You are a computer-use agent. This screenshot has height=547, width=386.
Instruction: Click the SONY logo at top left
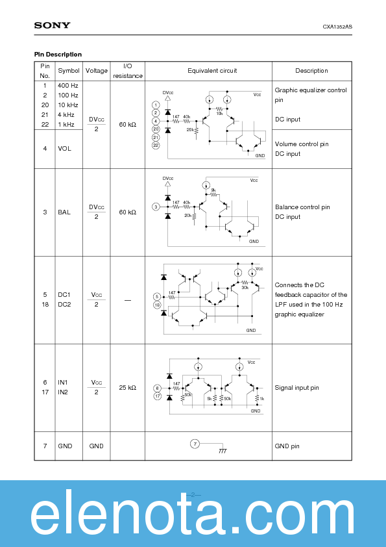(x=53, y=25)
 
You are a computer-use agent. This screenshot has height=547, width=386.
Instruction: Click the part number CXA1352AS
(x=337, y=27)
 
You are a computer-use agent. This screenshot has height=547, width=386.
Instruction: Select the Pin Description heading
(x=58, y=55)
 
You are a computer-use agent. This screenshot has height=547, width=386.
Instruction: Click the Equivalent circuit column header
(x=212, y=71)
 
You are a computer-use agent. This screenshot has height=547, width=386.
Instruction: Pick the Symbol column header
(x=69, y=71)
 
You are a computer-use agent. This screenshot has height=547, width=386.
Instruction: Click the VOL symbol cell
(x=65, y=149)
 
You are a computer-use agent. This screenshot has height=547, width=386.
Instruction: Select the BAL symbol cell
(x=65, y=212)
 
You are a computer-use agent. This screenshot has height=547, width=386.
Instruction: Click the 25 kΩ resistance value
(x=128, y=387)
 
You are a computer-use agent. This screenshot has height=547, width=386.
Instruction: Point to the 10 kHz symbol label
(x=68, y=105)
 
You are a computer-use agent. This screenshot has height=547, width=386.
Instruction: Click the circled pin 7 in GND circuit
(x=194, y=444)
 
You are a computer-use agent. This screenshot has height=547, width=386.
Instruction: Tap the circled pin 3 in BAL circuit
(x=156, y=207)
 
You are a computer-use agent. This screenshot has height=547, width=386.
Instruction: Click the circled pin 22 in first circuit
(x=156, y=146)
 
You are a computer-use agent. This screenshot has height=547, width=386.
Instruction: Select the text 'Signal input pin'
(x=297, y=388)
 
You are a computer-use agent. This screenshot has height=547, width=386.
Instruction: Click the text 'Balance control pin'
(x=302, y=207)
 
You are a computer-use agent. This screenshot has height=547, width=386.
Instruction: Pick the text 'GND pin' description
(x=287, y=446)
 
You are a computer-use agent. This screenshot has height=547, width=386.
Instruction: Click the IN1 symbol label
(x=63, y=383)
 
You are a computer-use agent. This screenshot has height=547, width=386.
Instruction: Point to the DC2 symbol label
(x=64, y=304)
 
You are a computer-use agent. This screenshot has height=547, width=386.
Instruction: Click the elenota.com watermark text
(x=193, y=516)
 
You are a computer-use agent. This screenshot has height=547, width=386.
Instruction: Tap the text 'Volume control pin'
(x=302, y=144)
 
